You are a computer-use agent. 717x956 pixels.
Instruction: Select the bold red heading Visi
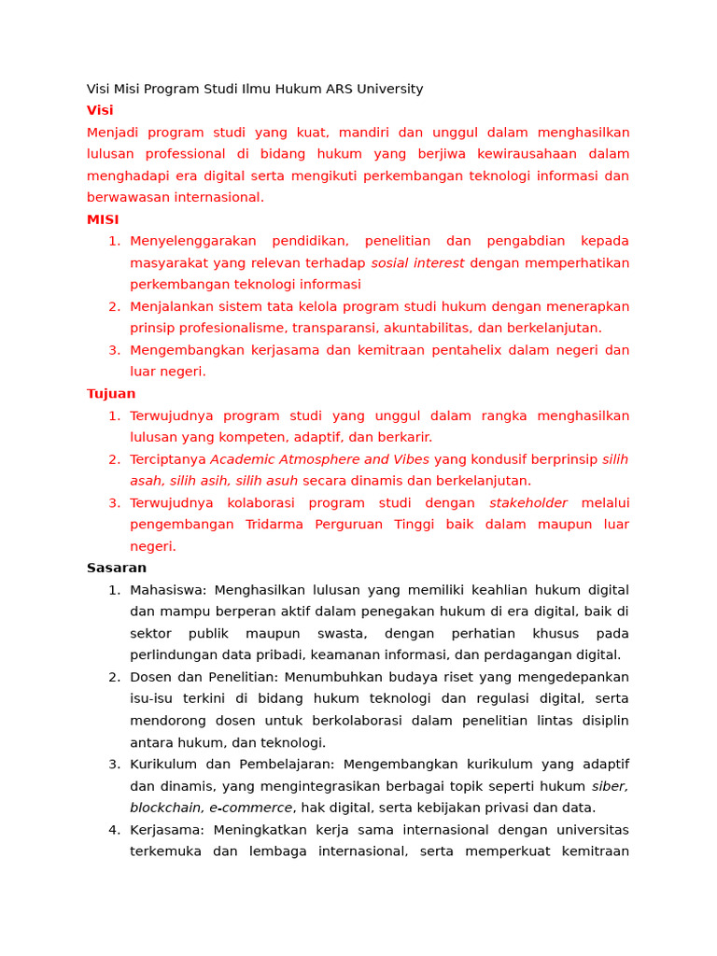100,110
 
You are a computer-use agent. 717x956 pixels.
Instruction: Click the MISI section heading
103,219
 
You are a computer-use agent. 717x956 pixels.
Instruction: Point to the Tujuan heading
111,394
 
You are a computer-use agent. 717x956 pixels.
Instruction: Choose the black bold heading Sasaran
117,568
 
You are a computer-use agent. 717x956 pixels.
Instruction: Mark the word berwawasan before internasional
126,197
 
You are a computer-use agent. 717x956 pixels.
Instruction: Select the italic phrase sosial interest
417,263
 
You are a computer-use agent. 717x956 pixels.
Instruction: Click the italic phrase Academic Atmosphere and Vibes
319,459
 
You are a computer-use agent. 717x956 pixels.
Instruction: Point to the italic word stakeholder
528,503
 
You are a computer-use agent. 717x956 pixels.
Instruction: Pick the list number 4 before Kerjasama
114,830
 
